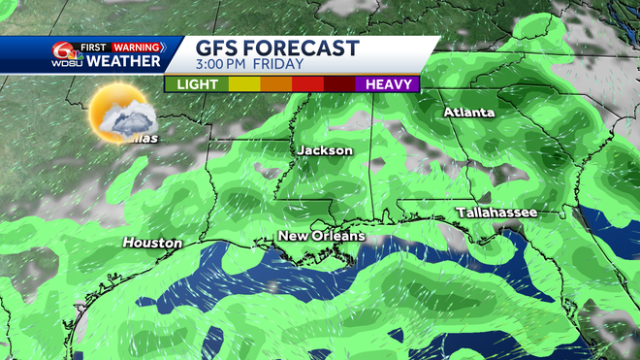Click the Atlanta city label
coord(469,113)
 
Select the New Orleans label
coord(322,236)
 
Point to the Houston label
coord(152,243)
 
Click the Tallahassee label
coord(496,213)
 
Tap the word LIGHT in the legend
coord(198,84)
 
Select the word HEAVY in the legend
coord(387,84)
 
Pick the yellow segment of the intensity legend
coord(245,84)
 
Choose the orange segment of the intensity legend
coord(276,84)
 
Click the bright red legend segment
coord(308,84)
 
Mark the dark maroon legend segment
coord(339,84)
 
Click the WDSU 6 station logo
coord(66,53)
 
